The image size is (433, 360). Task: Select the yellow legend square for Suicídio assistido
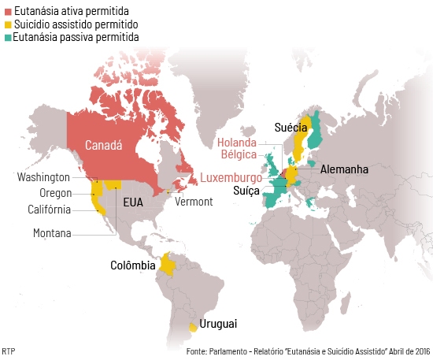coord(7,25)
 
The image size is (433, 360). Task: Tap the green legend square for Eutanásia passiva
coord(7,37)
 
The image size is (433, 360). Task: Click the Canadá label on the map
coord(103,146)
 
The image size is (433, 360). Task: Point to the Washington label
coord(43,177)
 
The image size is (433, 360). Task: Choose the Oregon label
coord(55,193)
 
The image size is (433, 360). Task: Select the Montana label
coord(52,233)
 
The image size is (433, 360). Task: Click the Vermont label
coord(194,202)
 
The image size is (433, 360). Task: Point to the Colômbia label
coord(133,265)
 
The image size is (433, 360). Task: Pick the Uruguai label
coord(218,324)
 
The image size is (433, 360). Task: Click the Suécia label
coord(291,127)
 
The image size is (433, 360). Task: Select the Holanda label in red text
coord(237,143)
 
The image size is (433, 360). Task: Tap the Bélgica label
coord(238,154)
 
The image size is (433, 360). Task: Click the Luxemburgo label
coord(231,177)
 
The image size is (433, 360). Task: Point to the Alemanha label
coord(344,169)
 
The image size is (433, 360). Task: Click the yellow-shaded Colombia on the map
coord(167,265)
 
